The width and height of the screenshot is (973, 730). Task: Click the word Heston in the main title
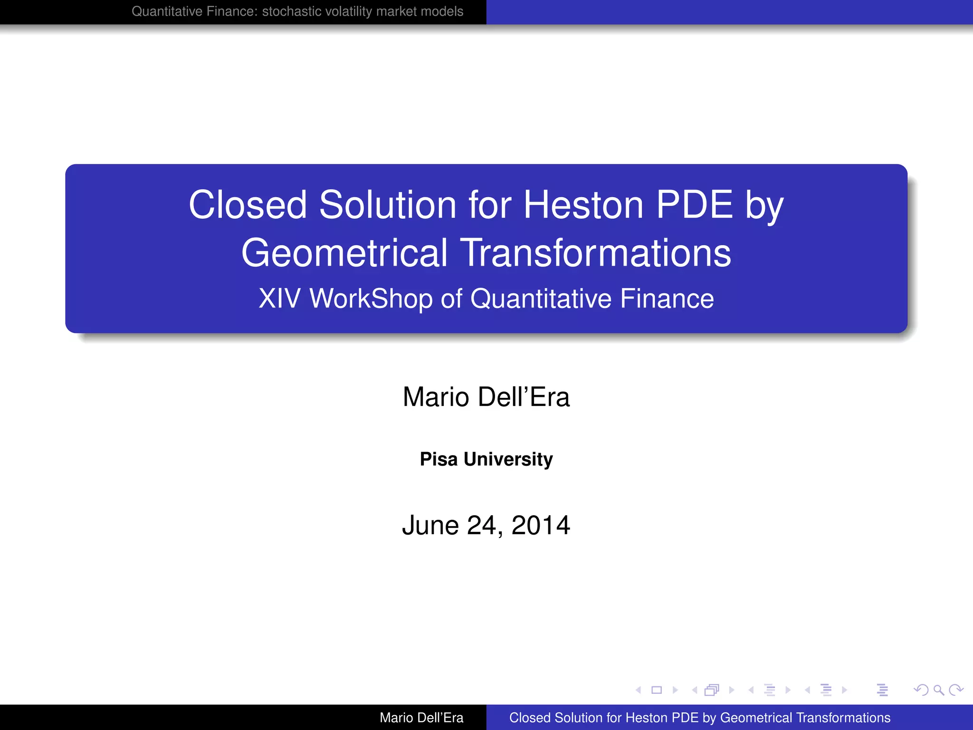click(583, 205)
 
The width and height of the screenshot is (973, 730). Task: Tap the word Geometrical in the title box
click(344, 253)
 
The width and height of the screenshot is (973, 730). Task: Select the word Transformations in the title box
click(596, 253)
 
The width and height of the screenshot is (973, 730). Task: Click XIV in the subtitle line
click(279, 299)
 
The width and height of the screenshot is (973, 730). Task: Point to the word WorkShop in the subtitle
click(371, 299)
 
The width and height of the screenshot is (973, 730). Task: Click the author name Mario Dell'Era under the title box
click(486, 397)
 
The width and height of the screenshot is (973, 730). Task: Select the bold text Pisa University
click(486, 459)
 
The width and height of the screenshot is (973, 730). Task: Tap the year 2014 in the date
click(541, 526)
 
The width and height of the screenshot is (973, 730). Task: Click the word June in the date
click(430, 526)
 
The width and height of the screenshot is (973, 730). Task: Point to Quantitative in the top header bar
click(161, 11)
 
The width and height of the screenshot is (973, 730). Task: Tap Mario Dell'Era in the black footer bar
click(421, 718)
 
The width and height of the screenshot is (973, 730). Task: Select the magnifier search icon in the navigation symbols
click(938, 690)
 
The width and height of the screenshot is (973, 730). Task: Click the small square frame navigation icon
click(657, 690)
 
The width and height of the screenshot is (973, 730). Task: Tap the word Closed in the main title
click(248, 205)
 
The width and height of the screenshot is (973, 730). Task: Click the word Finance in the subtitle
click(667, 299)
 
